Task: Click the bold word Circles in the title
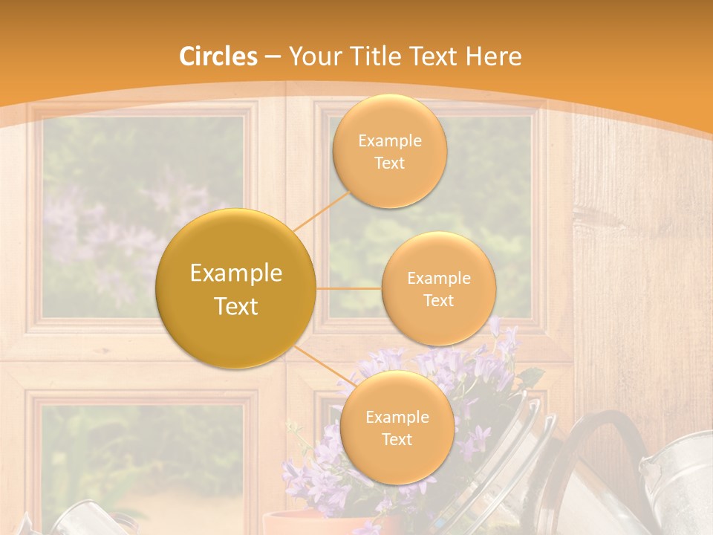click(x=218, y=56)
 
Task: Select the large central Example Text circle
click(x=236, y=288)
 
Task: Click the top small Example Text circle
click(x=390, y=152)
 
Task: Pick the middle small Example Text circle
click(x=439, y=288)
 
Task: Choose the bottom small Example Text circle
click(x=397, y=428)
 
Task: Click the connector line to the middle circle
click(x=349, y=288)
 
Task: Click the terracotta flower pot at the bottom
click(x=297, y=522)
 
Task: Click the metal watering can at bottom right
click(x=676, y=483)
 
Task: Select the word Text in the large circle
click(x=236, y=306)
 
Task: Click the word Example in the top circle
click(x=390, y=141)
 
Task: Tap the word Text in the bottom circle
click(x=397, y=439)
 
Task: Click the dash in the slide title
click(x=273, y=56)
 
